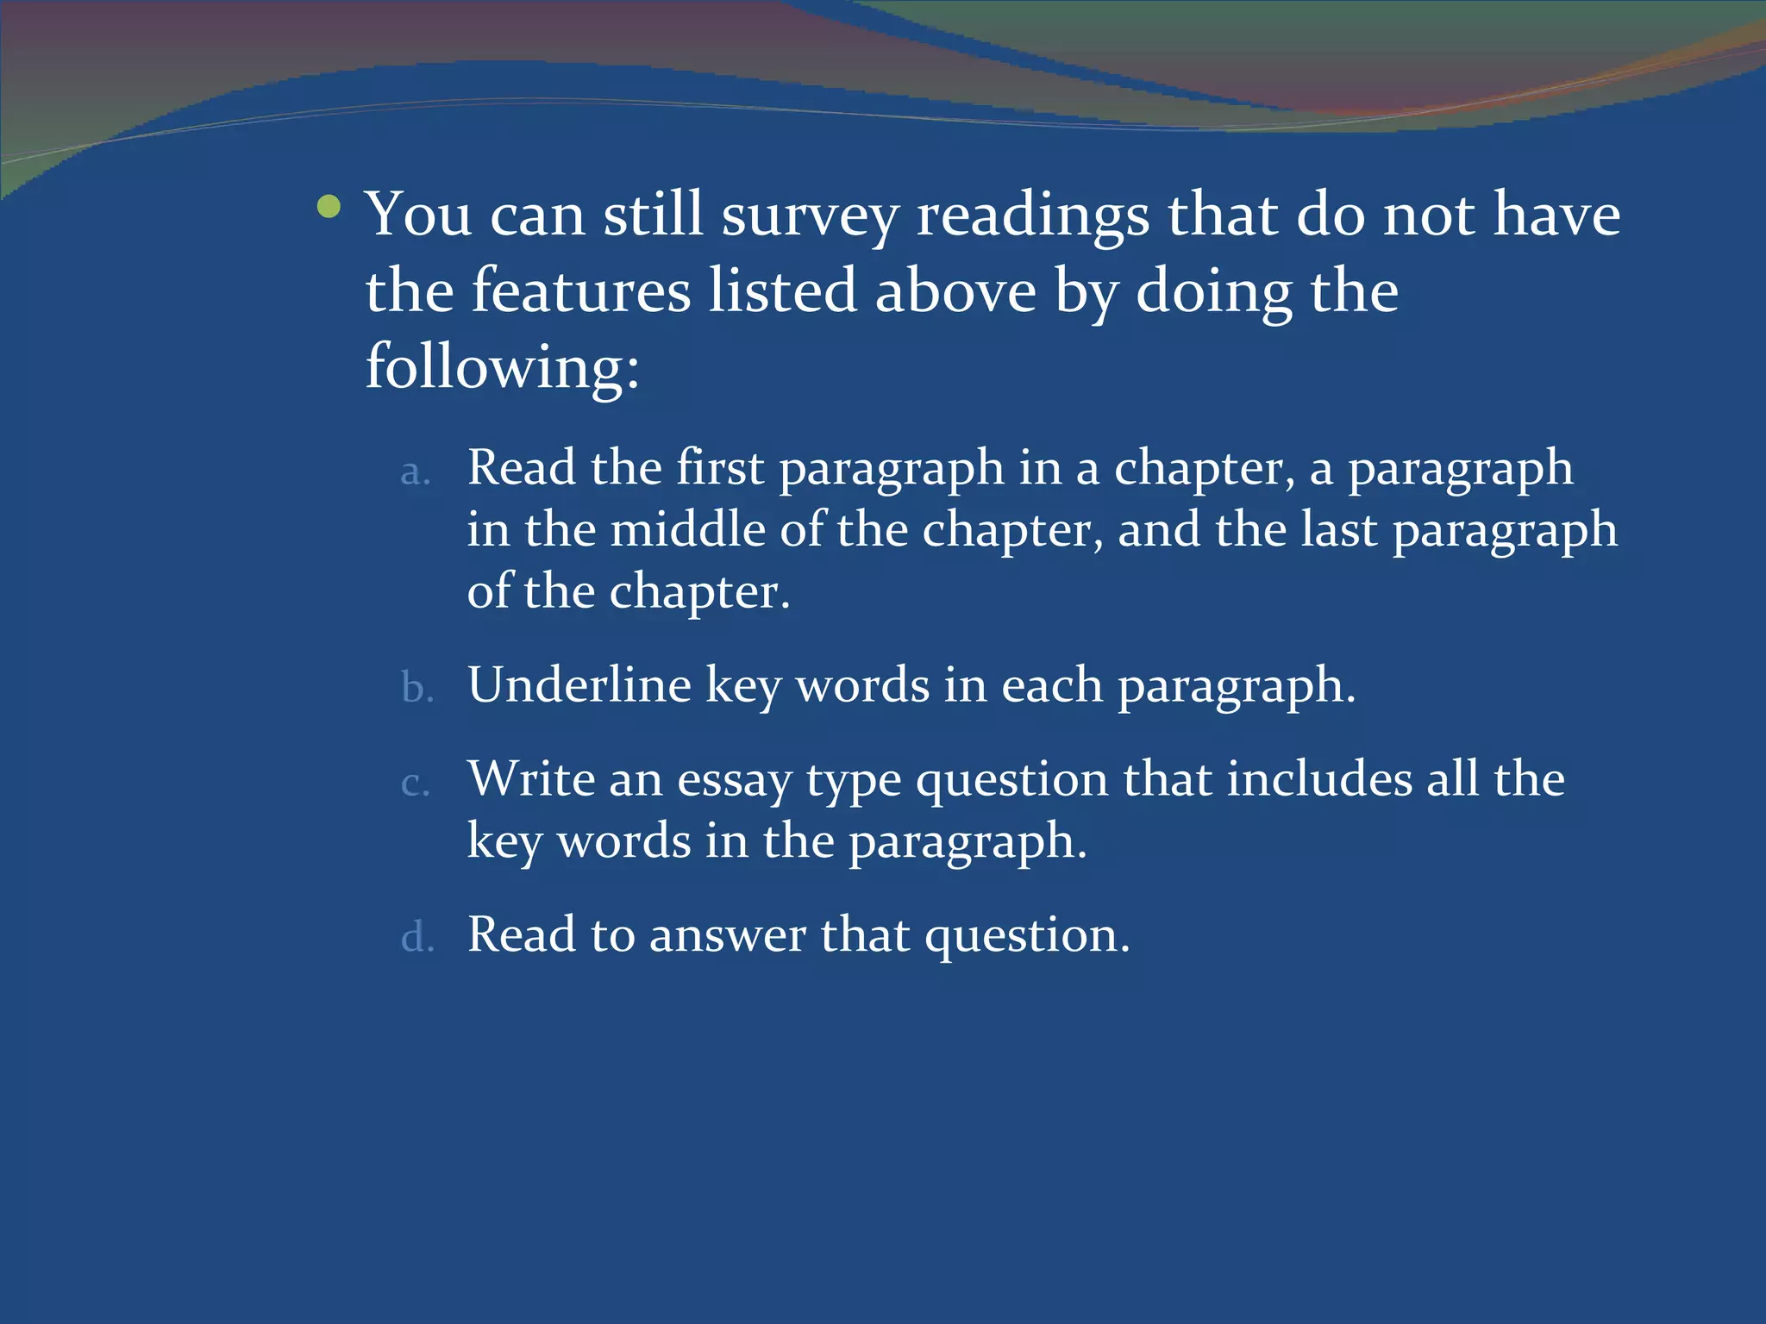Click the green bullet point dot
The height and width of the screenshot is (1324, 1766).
329,207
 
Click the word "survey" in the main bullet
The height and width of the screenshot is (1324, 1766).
810,215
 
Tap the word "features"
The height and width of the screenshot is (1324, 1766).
581,290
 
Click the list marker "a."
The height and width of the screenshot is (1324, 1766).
416,472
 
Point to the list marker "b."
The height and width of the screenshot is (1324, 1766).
417,689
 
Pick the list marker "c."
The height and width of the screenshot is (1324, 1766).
416,783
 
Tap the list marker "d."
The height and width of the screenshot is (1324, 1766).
417,937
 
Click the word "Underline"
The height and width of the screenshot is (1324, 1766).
579,685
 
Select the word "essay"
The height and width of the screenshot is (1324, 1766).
734,781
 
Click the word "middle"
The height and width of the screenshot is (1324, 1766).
688,529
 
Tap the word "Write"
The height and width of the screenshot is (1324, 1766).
531,779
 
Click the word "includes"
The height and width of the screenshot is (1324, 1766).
1319,779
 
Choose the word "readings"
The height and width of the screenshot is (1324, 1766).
1032,215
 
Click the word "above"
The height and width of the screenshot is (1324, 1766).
955,290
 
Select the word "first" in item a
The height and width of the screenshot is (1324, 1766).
720,468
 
